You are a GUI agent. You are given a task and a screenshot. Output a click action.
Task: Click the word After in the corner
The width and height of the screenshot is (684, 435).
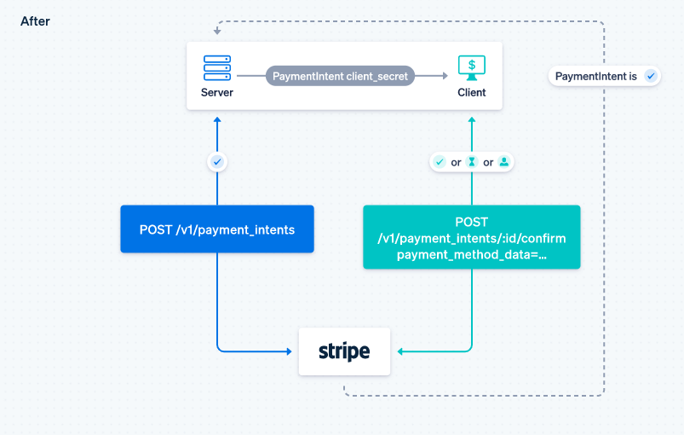(x=35, y=21)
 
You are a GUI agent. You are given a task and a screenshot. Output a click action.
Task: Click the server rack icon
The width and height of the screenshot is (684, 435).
(x=217, y=67)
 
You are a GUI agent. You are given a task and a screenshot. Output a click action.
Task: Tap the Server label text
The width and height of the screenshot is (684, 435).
(x=217, y=92)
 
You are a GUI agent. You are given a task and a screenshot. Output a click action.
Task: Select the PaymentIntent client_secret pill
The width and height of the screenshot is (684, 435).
(x=341, y=76)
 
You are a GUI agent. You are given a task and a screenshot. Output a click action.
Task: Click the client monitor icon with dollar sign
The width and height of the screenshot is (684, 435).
(x=472, y=67)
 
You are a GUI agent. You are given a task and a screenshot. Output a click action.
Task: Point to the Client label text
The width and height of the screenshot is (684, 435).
(x=472, y=92)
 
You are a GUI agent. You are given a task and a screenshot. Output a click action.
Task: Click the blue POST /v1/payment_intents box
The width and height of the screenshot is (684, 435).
(x=217, y=229)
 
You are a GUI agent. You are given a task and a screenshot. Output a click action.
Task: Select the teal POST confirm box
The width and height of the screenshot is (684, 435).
(x=471, y=237)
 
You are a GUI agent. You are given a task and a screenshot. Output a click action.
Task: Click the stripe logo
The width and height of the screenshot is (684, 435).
(x=344, y=351)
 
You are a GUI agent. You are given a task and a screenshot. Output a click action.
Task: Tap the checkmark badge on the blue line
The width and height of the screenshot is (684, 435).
(x=217, y=160)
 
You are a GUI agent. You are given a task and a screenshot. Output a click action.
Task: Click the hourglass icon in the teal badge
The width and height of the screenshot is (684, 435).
(x=472, y=162)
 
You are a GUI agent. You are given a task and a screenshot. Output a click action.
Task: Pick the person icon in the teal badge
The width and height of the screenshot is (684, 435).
(x=503, y=162)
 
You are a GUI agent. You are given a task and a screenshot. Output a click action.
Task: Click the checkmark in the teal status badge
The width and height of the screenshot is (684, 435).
(x=440, y=162)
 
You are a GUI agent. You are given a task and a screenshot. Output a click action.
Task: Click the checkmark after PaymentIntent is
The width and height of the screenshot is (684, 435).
(x=651, y=76)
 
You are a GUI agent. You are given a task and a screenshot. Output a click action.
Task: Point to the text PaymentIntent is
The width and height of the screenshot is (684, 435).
(x=596, y=76)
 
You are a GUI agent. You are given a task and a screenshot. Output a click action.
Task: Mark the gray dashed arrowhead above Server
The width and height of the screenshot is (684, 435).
(x=217, y=32)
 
